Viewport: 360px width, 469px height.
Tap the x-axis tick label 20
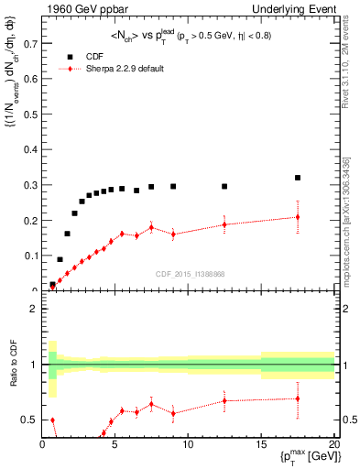pyautogui.click(x=333, y=445)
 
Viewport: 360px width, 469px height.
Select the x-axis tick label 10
pyautogui.click(x=188, y=445)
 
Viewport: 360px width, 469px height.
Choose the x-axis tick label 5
pyautogui.click(x=115, y=445)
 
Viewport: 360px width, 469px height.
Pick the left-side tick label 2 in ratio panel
pyautogui.click(x=33, y=309)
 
